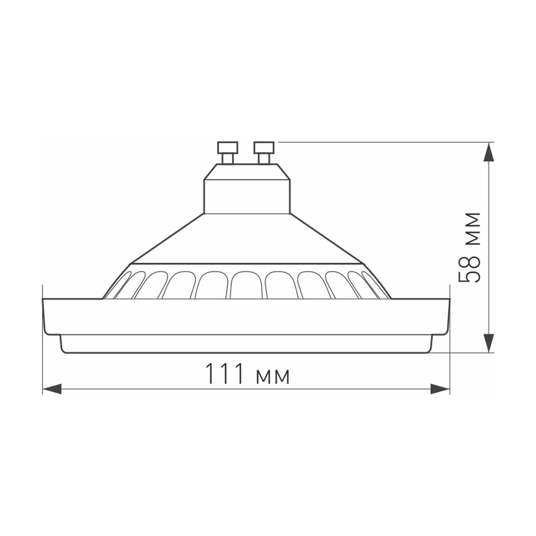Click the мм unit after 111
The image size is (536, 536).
pyautogui.click(x=273, y=376)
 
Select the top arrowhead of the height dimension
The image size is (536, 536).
pyautogui.click(x=489, y=152)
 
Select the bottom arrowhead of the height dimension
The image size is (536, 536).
pyautogui.click(x=489, y=343)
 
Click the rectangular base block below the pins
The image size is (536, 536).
pyautogui.click(x=247, y=196)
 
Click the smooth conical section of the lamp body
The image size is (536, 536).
pyautogui.click(x=247, y=241)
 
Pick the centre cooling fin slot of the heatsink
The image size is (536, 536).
pyautogui.click(x=247, y=285)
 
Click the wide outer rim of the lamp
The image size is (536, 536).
pyautogui.click(x=246, y=316)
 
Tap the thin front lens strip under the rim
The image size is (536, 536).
pyautogui.click(x=246, y=344)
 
